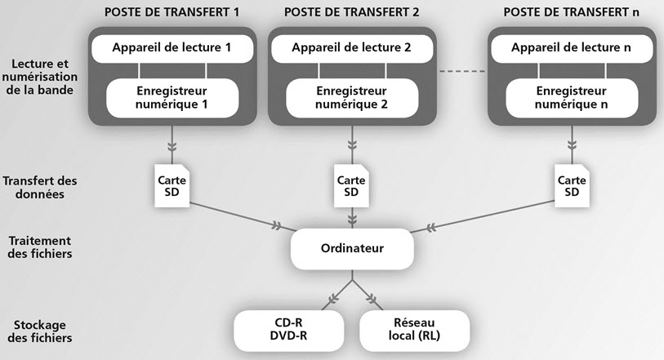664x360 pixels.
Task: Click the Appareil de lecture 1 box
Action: pyautogui.click(x=172, y=48)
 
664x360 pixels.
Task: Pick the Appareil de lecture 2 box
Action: pyautogui.click(x=351, y=48)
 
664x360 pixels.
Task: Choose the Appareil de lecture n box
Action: pyautogui.click(x=571, y=48)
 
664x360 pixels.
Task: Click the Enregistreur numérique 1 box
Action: pyautogui.click(x=172, y=97)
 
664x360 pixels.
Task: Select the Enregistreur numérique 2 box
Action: pyautogui.click(x=351, y=97)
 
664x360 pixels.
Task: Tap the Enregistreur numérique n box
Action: pyautogui.click(x=571, y=97)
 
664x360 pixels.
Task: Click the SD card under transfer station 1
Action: pyautogui.click(x=172, y=185)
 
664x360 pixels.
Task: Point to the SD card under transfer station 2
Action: pyautogui.click(x=351, y=185)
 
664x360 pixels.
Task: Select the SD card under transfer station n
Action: pyautogui.click(x=571, y=185)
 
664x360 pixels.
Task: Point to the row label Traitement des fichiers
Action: pyautogui.click(x=40, y=247)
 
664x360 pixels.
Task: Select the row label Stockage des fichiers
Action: pyautogui.click(x=40, y=330)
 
